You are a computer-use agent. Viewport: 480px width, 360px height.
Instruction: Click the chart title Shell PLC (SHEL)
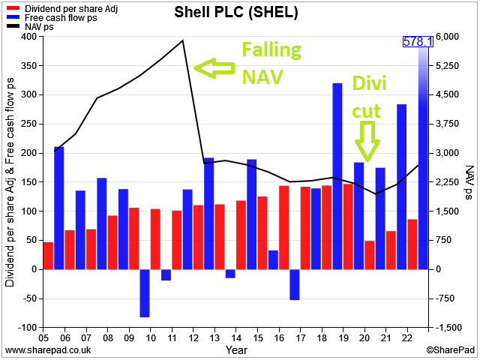point(236,13)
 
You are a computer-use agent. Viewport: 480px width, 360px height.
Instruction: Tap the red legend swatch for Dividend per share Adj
point(13,8)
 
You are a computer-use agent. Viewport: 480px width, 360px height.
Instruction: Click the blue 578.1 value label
point(418,42)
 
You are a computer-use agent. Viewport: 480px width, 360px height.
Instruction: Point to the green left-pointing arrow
point(214,68)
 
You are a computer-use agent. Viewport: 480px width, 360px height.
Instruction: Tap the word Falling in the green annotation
point(271,50)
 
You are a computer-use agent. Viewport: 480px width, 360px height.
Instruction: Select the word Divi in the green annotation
point(369,82)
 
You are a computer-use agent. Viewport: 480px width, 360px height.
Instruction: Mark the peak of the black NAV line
point(183,40)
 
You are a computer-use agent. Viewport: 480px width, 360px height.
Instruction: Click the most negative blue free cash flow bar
point(145,293)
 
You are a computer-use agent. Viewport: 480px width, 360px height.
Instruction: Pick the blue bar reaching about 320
point(337,176)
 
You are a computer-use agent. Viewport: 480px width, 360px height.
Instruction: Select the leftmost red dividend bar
point(48,256)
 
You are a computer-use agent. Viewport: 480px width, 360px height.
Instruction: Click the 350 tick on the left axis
point(28,66)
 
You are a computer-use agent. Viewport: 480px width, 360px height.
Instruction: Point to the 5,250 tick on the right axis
point(448,66)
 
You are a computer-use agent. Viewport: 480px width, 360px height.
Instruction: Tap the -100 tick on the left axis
point(27,328)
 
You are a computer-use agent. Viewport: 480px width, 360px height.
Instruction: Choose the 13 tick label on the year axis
point(215,338)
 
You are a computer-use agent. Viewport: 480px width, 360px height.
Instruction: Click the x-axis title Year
point(236,350)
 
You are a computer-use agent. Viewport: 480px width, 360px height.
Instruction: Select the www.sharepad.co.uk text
point(48,350)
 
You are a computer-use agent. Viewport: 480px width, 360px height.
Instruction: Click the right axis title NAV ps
point(469,182)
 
